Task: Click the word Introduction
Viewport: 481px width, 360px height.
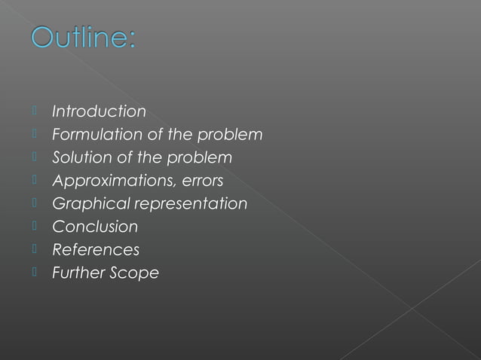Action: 99,111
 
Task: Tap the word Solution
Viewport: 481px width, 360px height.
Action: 77,158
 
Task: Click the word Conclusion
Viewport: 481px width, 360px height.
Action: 95,227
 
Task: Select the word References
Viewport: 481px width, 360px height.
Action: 96,249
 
